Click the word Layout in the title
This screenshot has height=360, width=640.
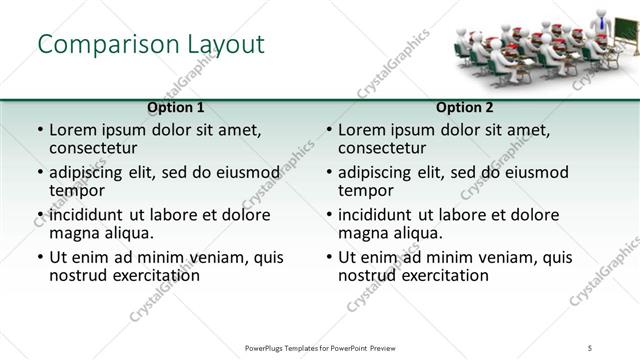click(x=225, y=45)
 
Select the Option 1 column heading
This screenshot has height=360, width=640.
click(x=176, y=106)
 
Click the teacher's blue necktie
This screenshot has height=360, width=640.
click(x=602, y=21)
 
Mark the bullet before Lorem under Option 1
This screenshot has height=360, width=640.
click(x=40, y=130)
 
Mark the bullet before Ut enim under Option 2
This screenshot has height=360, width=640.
click(x=329, y=257)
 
